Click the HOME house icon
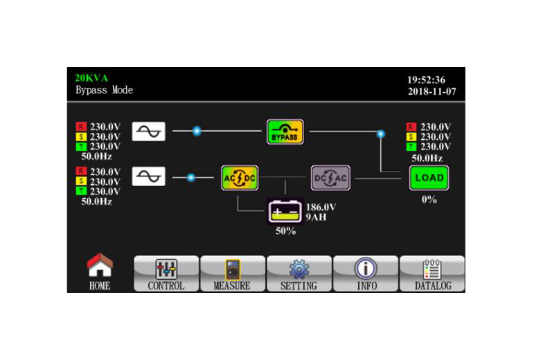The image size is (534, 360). (100, 264)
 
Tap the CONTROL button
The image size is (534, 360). (166, 273)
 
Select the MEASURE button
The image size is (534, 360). (233, 273)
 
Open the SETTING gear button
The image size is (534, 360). (299, 273)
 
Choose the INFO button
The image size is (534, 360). (366, 273)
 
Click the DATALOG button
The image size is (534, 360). (432, 273)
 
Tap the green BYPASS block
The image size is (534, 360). (285, 132)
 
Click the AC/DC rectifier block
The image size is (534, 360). (240, 178)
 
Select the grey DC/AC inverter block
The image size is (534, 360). (330, 178)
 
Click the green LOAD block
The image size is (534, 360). (429, 178)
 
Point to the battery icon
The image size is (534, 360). (285, 212)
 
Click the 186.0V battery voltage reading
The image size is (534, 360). (321, 207)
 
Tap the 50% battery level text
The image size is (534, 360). (286, 231)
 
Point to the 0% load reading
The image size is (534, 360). (429, 199)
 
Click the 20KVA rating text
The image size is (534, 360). (91, 78)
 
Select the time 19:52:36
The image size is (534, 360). (427, 80)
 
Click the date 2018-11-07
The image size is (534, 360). (431, 91)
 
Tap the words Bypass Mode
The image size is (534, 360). (104, 90)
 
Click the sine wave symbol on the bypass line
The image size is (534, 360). (148, 132)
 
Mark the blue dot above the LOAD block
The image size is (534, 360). (381, 134)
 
